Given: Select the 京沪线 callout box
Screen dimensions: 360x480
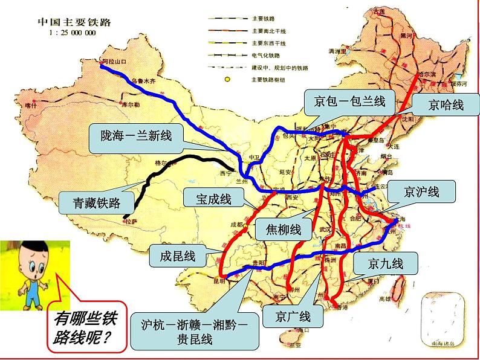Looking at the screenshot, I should tap(421, 192).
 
